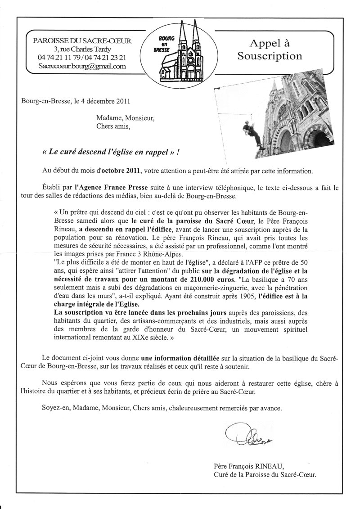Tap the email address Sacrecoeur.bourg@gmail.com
click(x=82, y=66)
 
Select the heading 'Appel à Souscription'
click(x=270, y=50)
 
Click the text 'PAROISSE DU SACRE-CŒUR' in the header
click(x=82, y=41)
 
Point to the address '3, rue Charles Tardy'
click(x=82, y=49)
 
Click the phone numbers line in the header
click(x=82, y=58)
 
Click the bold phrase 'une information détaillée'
click(x=180, y=358)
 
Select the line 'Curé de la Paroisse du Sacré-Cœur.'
click(x=265, y=474)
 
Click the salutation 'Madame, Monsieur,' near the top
click(x=125, y=118)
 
